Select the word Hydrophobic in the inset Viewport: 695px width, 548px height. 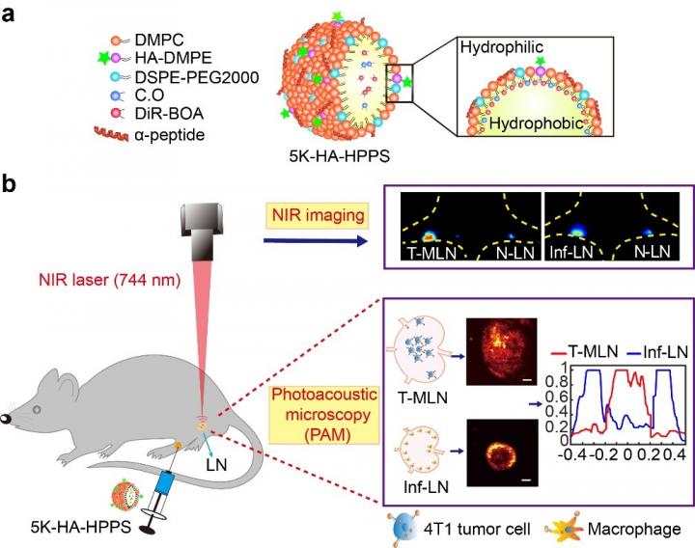529,124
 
